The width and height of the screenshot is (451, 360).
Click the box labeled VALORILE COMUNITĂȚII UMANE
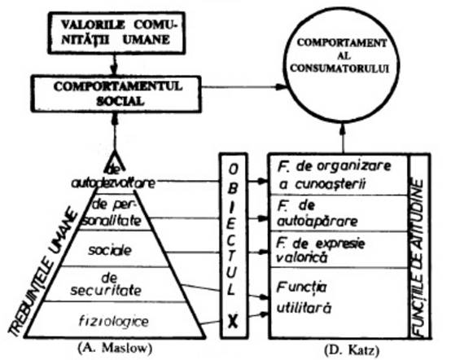[116, 33]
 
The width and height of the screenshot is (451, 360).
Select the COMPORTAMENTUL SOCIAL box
[116, 94]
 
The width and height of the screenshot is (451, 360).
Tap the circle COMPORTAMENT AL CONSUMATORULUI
[341, 65]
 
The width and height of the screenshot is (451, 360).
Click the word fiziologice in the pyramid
[114, 321]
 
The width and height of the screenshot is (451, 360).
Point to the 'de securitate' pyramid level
[106, 284]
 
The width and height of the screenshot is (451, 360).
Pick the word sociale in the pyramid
[110, 250]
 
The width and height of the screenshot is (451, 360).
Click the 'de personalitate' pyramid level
[114, 213]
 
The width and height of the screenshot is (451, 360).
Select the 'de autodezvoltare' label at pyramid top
[113, 178]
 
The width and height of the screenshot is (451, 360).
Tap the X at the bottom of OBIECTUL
[234, 322]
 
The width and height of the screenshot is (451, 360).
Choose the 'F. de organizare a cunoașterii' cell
[339, 174]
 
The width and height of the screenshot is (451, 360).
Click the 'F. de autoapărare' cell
[339, 213]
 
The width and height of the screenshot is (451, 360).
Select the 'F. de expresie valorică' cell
[339, 249]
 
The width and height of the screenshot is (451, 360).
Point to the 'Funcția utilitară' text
[304, 297]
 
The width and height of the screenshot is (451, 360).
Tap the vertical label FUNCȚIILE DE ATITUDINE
[419, 257]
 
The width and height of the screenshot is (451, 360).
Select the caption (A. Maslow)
[115, 349]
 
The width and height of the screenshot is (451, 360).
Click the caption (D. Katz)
[352, 350]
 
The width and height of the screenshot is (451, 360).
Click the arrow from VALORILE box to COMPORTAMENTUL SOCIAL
[114, 64]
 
